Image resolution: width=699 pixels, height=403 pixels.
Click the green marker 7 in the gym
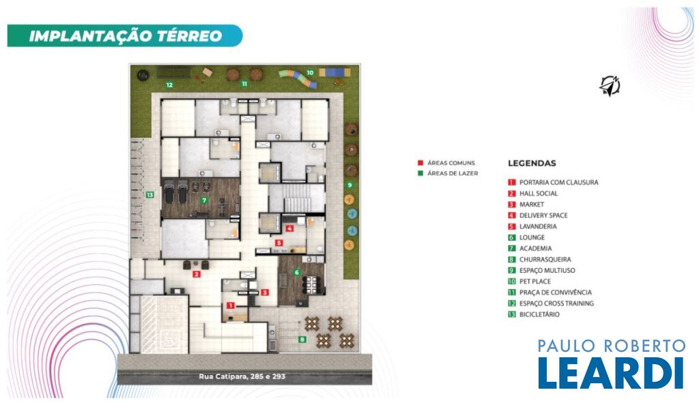coord(204,200)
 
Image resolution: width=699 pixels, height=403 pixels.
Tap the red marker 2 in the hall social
coord(196,274)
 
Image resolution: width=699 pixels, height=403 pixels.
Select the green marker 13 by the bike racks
coord(149,194)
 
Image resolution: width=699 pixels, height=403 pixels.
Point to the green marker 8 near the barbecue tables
coord(302,340)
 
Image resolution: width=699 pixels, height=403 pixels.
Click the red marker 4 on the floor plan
coord(289,229)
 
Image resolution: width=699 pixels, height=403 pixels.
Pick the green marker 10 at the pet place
coord(310,72)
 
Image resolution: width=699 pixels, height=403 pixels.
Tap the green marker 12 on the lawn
coord(169,85)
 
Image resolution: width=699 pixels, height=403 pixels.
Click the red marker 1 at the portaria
coord(230,305)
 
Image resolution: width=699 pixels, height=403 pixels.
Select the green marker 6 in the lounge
coord(296,273)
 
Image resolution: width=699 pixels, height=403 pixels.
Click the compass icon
coord(610,85)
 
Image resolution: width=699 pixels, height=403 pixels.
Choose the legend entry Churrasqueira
coord(540,259)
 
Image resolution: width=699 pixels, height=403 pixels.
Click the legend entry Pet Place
coord(530,282)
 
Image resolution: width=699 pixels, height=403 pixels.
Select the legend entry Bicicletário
coord(534,314)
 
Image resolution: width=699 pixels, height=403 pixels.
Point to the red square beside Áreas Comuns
coord(420,163)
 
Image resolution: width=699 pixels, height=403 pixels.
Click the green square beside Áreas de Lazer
coord(420,173)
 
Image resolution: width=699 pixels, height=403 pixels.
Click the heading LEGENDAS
coord(532,163)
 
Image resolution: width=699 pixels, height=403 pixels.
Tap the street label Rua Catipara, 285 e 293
coord(242,376)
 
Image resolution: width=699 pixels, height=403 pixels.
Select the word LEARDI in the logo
coord(611,372)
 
